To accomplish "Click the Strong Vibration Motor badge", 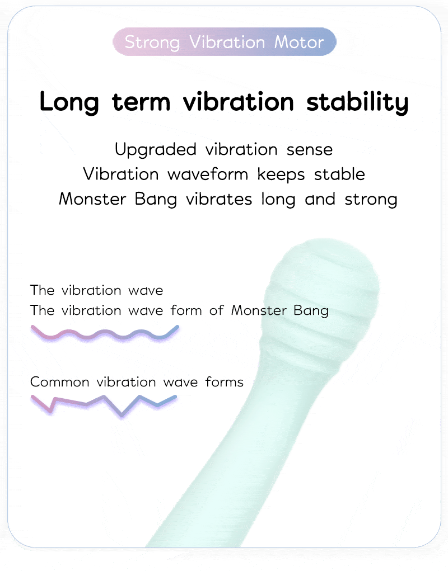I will [x=224, y=43].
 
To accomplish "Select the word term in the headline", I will [x=143, y=102].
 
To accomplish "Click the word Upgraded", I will [x=155, y=150].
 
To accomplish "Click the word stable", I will [x=339, y=174].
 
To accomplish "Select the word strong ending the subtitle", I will [x=370, y=199].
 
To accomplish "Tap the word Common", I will [x=59, y=382].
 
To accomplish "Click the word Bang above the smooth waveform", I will [x=311, y=310].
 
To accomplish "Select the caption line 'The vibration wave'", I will [x=96, y=290].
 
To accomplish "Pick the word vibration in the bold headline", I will [x=240, y=102].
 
